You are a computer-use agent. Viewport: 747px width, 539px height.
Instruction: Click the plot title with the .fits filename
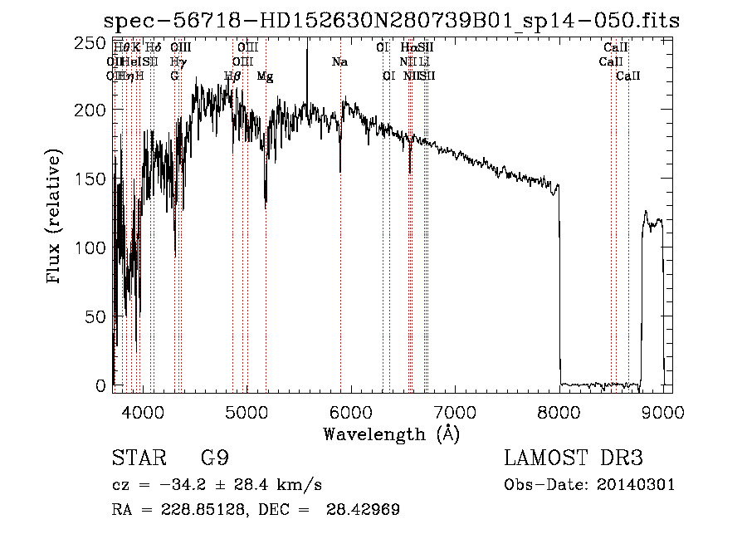[x=391, y=21]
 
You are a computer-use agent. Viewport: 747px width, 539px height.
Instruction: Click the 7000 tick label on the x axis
[x=455, y=410]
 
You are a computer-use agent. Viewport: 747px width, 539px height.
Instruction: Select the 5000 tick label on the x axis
[x=246, y=410]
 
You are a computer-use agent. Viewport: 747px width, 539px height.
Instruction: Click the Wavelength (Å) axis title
[x=391, y=434]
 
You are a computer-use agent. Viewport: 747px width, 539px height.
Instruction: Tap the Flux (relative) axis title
[x=56, y=218]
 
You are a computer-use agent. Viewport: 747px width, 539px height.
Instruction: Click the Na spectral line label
[x=339, y=62]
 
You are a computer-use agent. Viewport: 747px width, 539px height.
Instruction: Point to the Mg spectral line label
[x=266, y=76]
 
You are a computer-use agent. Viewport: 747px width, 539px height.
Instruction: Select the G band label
[x=174, y=76]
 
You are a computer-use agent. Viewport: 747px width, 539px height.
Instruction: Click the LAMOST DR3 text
[x=574, y=458]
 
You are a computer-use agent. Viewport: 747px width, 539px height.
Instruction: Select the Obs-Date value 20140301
[x=637, y=485]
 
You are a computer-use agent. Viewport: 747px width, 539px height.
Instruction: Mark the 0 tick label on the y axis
[x=101, y=385]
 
